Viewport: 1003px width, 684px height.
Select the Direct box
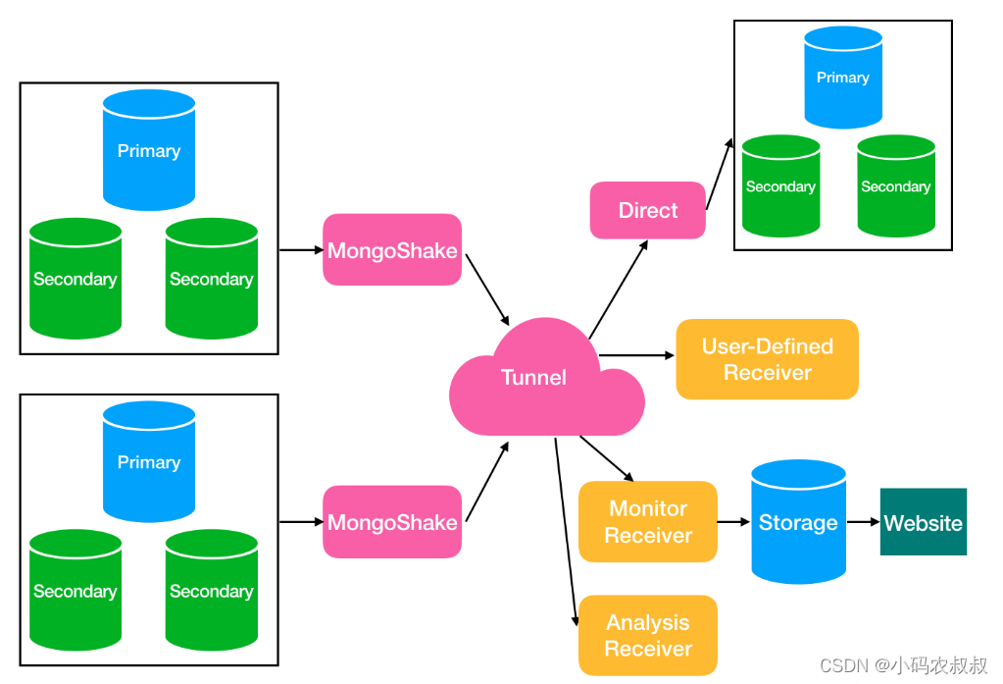(x=647, y=210)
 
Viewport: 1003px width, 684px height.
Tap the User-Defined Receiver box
(x=767, y=359)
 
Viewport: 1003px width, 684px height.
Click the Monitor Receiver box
(x=647, y=522)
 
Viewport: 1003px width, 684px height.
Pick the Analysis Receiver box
(x=647, y=635)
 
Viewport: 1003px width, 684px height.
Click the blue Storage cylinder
(x=798, y=522)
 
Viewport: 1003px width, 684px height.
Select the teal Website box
(x=923, y=522)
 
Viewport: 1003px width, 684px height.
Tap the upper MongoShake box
(x=392, y=250)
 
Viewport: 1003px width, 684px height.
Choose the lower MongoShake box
(x=392, y=522)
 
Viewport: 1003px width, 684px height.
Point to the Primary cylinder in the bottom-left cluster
(x=149, y=462)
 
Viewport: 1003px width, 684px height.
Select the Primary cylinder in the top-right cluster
(x=843, y=78)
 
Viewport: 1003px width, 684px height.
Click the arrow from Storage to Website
(x=863, y=522)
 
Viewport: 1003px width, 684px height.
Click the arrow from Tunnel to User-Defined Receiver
(x=637, y=355)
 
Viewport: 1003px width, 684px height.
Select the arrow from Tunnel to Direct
(x=618, y=289)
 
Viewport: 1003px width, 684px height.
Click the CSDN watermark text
(x=903, y=666)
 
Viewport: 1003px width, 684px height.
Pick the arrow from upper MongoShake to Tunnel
(x=487, y=289)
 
